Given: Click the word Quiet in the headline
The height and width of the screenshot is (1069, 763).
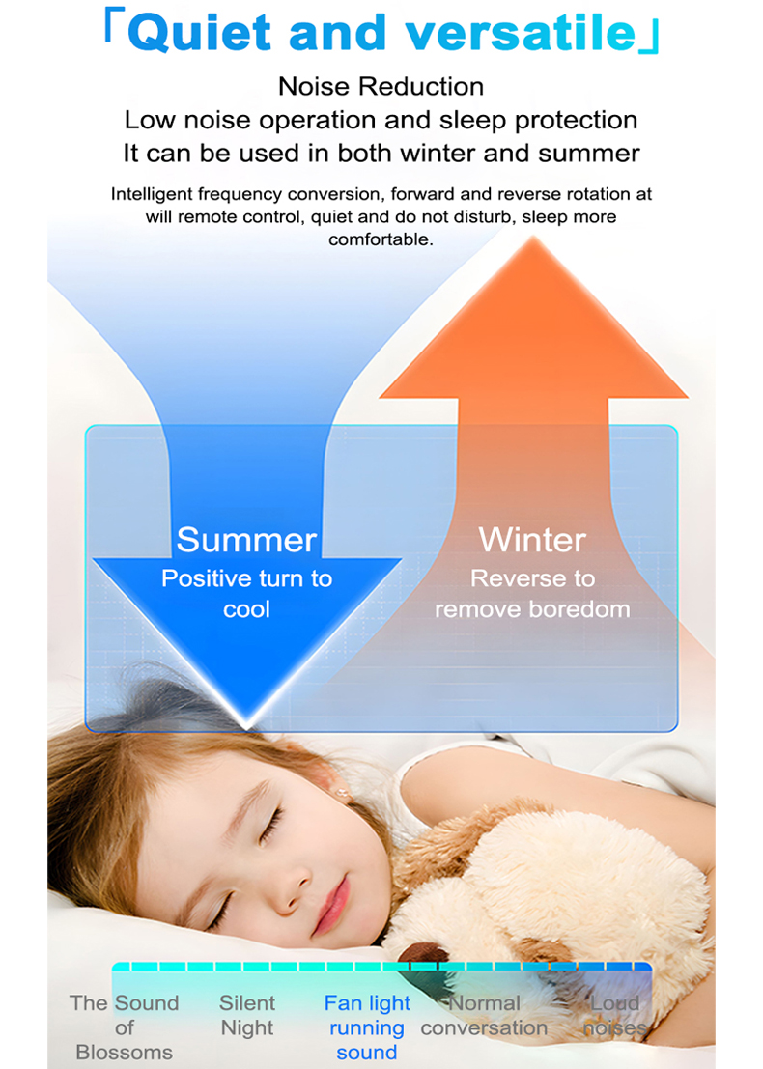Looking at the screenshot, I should click(x=199, y=34).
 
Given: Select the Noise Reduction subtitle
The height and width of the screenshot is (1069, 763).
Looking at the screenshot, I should click(x=381, y=86).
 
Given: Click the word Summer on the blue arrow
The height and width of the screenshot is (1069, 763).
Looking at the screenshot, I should click(x=246, y=539).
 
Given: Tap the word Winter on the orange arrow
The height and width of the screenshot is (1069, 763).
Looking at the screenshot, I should click(x=531, y=539).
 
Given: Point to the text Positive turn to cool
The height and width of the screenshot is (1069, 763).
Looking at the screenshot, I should click(x=246, y=594).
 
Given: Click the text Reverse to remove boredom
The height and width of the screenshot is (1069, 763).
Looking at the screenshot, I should click(x=531, y=594).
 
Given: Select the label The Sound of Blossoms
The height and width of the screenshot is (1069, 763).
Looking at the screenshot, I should click(x=124, y=1027).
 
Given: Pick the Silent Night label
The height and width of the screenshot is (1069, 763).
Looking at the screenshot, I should click(x=247, y=1015).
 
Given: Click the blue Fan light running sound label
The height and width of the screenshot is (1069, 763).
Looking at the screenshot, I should click(x=367, y=1027).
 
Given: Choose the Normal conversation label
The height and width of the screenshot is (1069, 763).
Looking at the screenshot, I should click(x=484, y=1015).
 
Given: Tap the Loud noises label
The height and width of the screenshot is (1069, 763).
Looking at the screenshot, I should click(x=614, y=1015).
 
